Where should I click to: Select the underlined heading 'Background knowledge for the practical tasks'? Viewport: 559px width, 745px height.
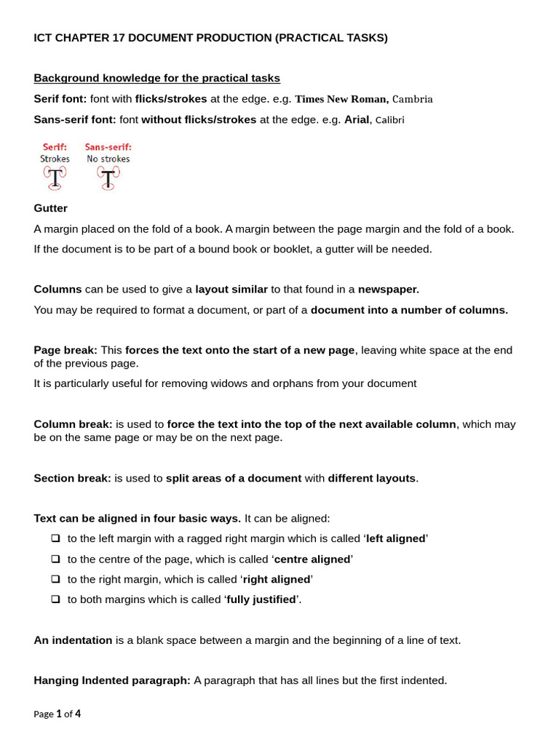point(156,78)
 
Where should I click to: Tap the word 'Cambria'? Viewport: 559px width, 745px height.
point(413,99)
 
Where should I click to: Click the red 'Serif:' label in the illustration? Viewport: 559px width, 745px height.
point(55,147)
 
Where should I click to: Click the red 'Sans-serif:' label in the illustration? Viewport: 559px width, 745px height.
point(108,147)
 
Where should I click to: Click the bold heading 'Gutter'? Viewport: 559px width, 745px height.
point(50,208)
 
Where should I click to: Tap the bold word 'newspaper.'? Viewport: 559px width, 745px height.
point(388,289)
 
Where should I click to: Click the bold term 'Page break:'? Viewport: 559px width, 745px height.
point(66,350)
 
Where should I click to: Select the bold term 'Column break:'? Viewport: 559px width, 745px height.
point(73,424)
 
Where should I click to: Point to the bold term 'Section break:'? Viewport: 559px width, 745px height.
point(72,478)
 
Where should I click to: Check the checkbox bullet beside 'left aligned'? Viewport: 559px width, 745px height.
point(56,538)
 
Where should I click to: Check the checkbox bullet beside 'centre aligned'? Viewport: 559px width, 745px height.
point(56,559)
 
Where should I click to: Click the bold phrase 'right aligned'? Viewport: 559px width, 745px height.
point(276,579)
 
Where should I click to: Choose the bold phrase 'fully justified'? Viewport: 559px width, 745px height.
point(261,599)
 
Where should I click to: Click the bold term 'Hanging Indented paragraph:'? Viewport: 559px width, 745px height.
point(112,680)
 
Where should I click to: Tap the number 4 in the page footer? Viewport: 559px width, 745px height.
point(78,714)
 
